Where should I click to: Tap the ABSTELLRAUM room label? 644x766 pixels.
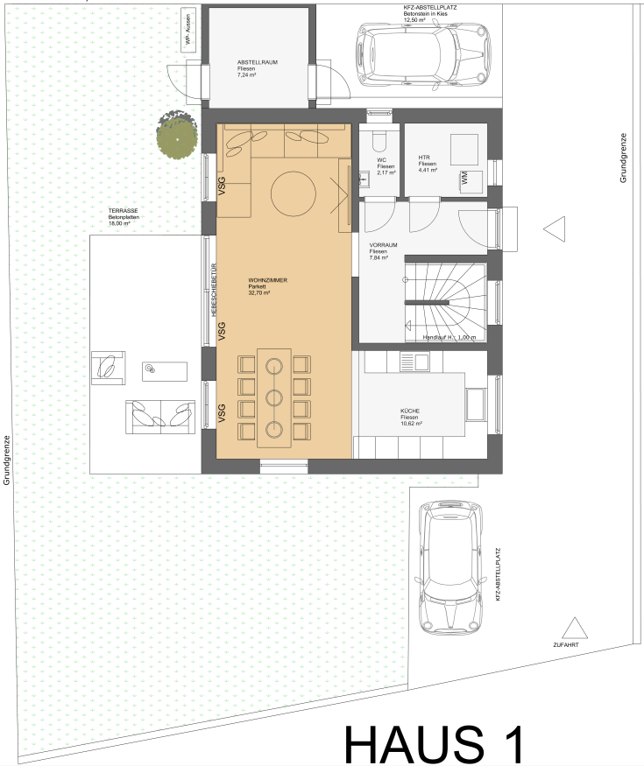click(258, 62)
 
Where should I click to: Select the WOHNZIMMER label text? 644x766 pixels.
click(267, 280)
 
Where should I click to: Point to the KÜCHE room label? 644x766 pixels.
click(410, 411)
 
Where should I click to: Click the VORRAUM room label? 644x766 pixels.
click(383, 245)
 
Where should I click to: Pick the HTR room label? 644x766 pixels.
click(424, 158)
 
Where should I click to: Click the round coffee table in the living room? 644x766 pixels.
click(294, 193)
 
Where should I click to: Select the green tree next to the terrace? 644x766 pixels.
click(177, 135)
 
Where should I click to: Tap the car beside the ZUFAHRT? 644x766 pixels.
click(451, 567)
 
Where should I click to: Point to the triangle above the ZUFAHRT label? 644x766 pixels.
click(575, 628)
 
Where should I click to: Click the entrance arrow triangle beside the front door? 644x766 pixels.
click(555, 228)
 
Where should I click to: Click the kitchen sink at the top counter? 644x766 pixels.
click(414, 361)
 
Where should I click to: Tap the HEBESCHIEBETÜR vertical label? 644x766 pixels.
click(214, 290)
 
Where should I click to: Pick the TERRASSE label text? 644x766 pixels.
click(124, 211)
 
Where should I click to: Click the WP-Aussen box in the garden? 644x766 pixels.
click(188, 29)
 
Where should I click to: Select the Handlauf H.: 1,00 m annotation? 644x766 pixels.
click(449, 337)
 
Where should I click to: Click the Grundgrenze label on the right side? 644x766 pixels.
click(623, 158)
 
